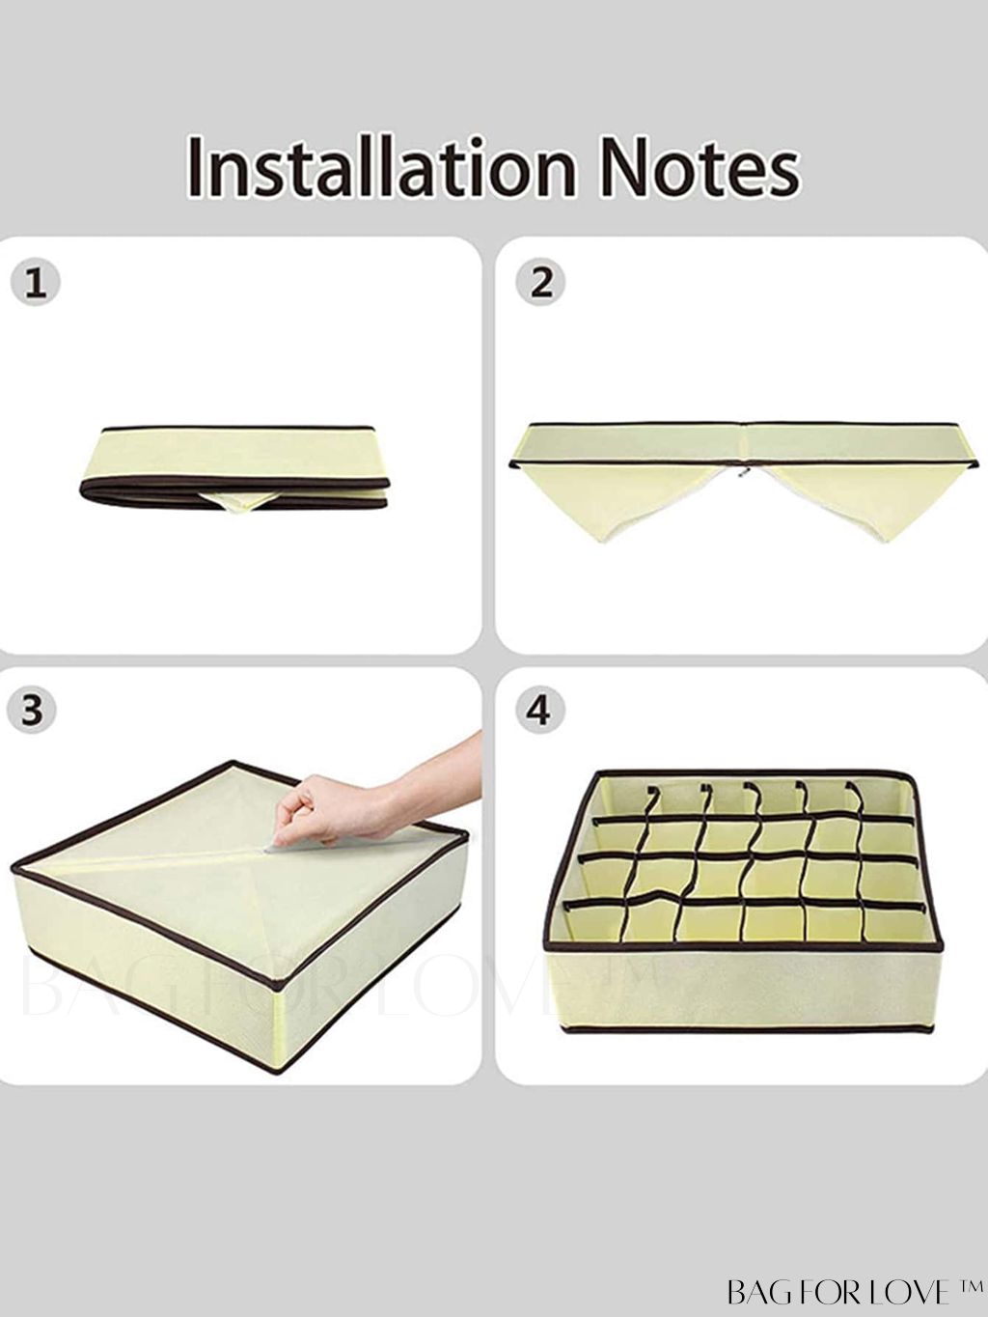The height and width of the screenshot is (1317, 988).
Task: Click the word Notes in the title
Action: [700, 167]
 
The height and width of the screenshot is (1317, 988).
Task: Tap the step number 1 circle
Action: [36, 282]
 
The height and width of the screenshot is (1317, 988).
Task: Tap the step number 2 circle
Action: [541, 282]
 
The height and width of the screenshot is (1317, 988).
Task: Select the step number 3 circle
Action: [32, 711]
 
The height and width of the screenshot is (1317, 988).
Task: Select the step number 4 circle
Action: [540, 711]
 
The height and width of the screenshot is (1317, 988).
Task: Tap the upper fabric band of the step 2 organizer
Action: [743, 444]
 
